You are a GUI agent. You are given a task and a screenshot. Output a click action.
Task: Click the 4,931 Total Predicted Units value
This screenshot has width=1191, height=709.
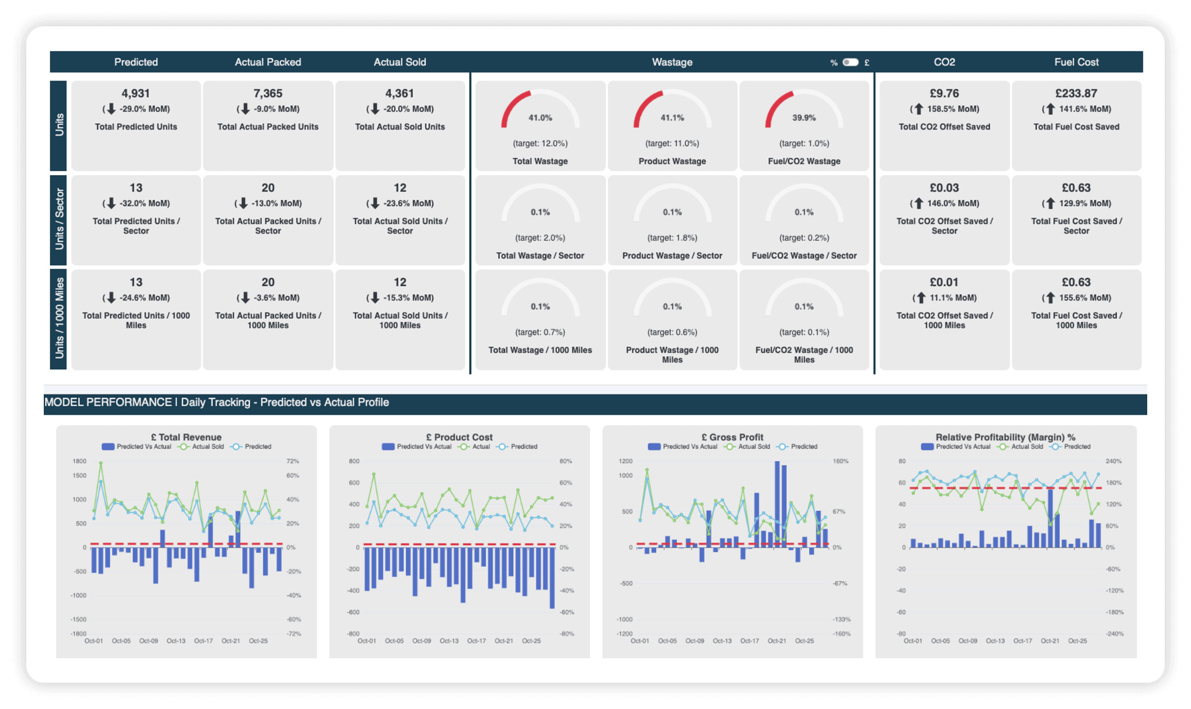(x=136, y=93)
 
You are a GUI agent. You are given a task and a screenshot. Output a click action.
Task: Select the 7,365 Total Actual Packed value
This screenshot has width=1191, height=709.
(x=268, y=93)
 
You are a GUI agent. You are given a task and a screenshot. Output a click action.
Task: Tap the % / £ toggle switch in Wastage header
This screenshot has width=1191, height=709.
(x=850, y=62)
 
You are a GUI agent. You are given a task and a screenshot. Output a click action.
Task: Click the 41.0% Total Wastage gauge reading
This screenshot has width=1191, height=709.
(x=540, y=118)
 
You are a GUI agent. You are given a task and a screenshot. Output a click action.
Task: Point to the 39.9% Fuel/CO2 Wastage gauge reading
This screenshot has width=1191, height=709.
(x=804, y=118)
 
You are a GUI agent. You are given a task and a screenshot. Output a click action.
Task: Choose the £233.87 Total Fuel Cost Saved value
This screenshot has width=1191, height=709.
(x=1076, y=93)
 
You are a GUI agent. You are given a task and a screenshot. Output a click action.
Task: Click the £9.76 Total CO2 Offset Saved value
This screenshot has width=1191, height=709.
(x=944, y=93)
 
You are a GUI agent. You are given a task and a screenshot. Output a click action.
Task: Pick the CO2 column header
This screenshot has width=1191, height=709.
(x=944, y=62)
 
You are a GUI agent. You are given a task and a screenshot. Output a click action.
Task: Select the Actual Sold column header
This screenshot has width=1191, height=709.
(x=400, y=62)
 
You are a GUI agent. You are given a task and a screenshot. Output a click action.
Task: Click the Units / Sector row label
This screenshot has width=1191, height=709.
(x=59, y=219)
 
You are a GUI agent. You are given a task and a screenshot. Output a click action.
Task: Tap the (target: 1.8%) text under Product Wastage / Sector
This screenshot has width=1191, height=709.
(x=672, y=238)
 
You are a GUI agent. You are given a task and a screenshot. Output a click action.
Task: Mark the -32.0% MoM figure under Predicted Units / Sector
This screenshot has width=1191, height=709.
(x=144, y=204)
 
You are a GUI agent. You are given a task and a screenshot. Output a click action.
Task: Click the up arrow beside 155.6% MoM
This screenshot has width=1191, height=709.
(x=1050, y=298)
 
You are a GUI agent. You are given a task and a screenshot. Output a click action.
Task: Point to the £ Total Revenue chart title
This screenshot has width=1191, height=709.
(x=186, y=437)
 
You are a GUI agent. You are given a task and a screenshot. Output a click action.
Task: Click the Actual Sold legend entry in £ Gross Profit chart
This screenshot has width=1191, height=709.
(x=753, y=447)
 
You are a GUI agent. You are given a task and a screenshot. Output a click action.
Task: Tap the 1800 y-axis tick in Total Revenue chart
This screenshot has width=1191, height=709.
(x=79, y=462)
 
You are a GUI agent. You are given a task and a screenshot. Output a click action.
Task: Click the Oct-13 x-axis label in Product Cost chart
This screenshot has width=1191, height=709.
(x=449, y=641)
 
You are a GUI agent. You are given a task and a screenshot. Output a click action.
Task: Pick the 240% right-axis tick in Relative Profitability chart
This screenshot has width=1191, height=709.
(x=1113, y=462)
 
